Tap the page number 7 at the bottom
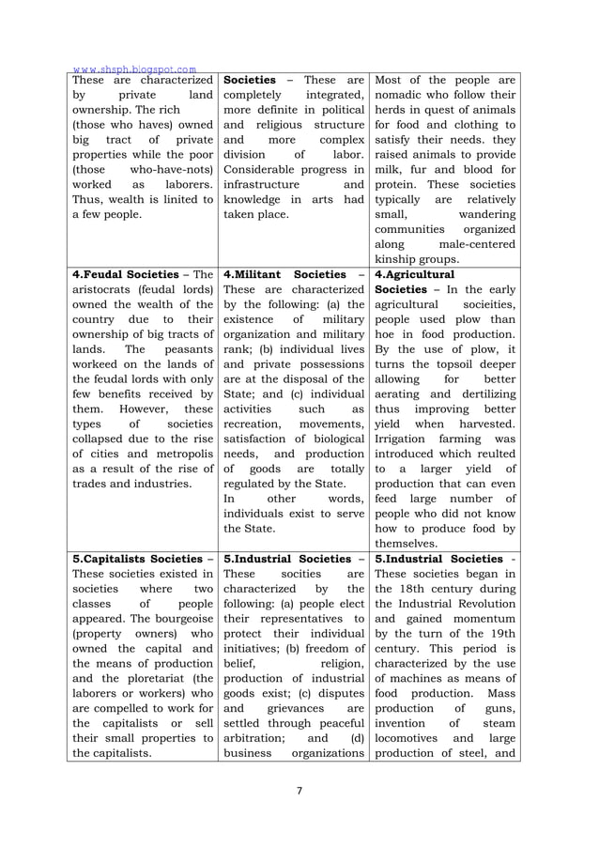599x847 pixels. pos(299,790)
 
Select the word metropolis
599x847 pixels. pos(175,455)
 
